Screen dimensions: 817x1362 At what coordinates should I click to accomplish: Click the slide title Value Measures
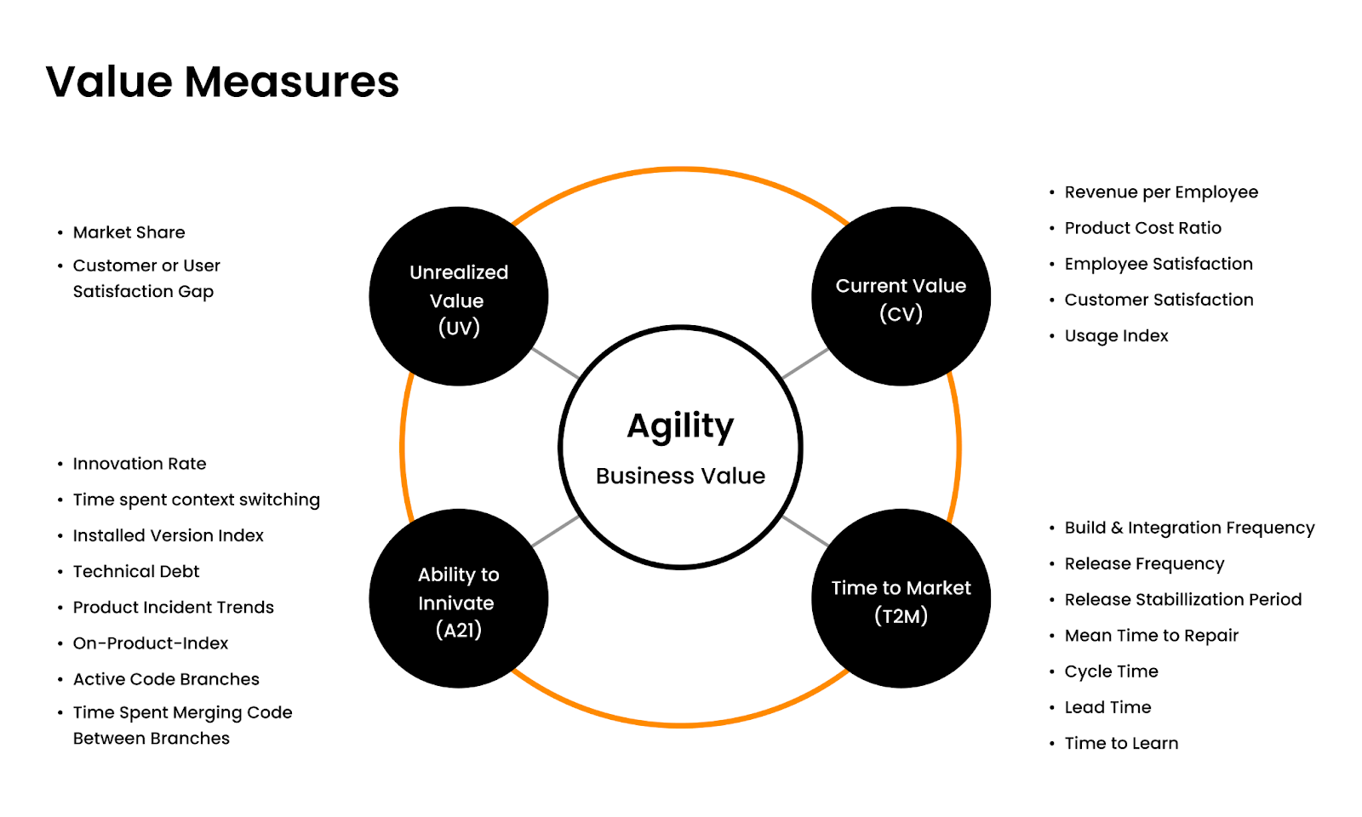222,83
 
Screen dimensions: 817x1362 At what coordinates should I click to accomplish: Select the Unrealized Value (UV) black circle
458,297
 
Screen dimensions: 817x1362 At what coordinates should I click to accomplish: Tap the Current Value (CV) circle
901,297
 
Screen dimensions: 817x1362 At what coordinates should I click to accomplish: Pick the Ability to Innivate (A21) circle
458,599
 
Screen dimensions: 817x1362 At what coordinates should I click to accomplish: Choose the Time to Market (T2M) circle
901,599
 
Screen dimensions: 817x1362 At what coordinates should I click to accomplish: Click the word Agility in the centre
680,426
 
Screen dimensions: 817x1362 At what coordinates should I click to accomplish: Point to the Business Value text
680,476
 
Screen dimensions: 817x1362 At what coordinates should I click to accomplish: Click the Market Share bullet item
129,232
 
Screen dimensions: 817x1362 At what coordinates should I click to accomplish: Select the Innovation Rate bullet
140,464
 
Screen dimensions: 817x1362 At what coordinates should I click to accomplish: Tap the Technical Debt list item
136,571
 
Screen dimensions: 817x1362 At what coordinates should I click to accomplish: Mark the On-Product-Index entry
151,643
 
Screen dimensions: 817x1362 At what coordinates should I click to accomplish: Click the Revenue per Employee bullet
1161,192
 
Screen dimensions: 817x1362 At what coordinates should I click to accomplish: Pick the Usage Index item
1116,335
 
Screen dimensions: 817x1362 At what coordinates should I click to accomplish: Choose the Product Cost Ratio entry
1142,228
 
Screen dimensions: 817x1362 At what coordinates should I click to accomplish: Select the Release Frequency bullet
1144,563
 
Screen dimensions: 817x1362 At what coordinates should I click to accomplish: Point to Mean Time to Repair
1151,636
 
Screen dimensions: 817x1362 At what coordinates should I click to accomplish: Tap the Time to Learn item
1121,743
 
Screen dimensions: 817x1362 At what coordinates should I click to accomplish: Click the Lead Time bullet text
1107,707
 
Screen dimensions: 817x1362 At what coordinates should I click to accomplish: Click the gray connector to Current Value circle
804,363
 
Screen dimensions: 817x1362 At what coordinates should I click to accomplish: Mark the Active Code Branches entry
166,679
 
